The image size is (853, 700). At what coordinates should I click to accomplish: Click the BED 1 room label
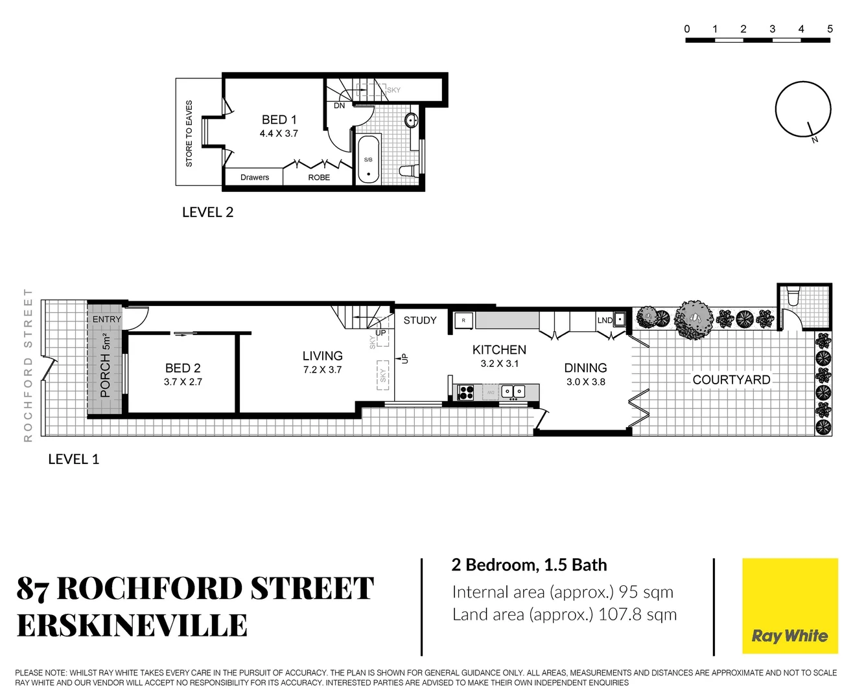pyautogui.click(x=279, y=120)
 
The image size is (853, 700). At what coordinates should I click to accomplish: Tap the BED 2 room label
pyautogui.click(x=183, y=368)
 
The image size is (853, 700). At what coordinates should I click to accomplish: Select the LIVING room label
pyautogui.click(x=322, y=356)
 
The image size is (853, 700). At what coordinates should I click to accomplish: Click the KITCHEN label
pyautogui.click(x=499, y=350)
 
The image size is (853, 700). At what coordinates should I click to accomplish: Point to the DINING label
pyautogui.click(x=585, y=367)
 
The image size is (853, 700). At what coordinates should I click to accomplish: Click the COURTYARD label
pyautogui.click(x=731, y=380)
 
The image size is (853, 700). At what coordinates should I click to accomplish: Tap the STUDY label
pyautogui.click(x=420, y=320)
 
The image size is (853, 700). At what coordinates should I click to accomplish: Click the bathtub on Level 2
pyautogui.click(x=369, y=159)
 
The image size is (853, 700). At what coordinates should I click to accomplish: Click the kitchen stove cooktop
pyautogui.click(x=465, y=391)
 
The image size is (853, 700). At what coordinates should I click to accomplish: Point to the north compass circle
pyautogui.click(x=803, y=109)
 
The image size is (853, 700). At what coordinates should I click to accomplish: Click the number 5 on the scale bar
pyautogui.click(x=830, y=29)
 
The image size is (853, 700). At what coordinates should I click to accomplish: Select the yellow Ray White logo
pyautogui.click(x=789, y=606)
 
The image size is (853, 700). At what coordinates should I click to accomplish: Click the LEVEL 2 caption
pyautogui.click(x=207, y=213)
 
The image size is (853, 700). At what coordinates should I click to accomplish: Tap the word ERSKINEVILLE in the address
pyautogui.click(x=132, y=626)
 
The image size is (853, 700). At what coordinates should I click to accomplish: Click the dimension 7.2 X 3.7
pyautogui.click(x=322, y=370)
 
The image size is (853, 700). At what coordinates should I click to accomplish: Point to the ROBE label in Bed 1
pyautogui.click(x=319, y=178)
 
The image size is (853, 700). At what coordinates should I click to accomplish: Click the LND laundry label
pyautogui.click(x=605, y=320)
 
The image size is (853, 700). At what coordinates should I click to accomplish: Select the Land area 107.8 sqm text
pyautogui.click(x=564, y=614)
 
